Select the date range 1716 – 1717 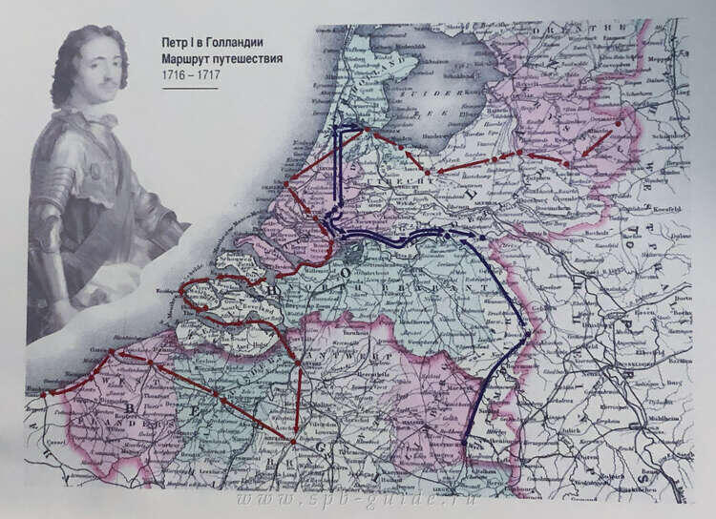tap(192, 75)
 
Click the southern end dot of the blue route tap(465, 444)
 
